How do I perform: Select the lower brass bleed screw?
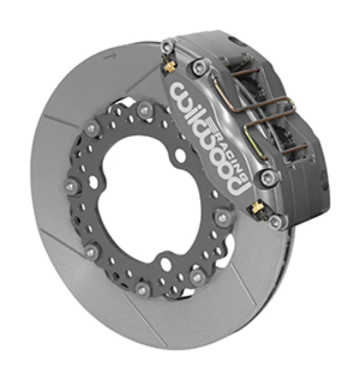click(257, 207)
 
